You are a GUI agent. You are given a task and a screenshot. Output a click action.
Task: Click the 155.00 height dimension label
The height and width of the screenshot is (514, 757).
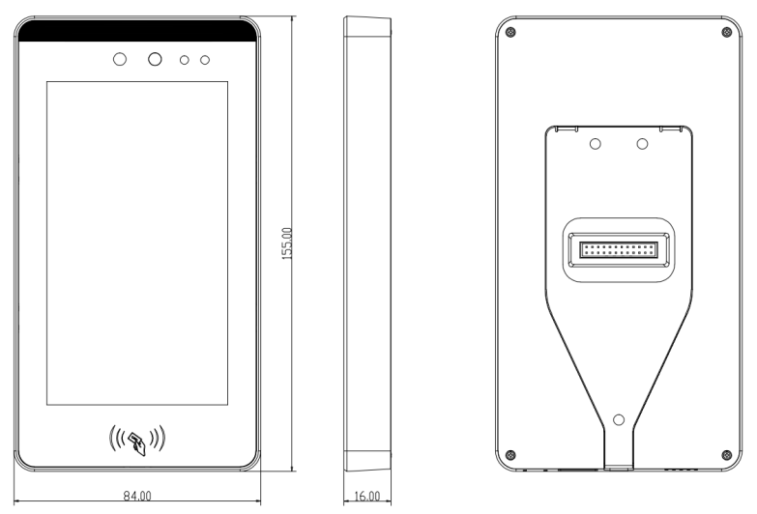[287, 243]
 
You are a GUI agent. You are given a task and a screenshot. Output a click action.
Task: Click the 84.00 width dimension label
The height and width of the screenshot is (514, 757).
[137, 496]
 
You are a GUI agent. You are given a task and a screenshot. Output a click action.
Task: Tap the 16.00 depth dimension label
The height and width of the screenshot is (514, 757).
[367, 496]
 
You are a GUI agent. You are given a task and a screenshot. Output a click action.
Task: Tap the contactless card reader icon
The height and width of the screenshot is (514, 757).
[137, 440]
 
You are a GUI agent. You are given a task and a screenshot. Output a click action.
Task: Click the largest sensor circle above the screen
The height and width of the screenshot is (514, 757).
[155, 59]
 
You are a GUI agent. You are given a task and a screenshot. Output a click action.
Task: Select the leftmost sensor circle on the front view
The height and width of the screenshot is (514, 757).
[120, 59]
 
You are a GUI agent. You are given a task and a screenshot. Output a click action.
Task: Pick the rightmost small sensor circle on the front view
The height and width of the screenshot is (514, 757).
[205, 60]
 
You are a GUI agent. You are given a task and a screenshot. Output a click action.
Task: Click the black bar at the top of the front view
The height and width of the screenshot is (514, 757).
[137, 30]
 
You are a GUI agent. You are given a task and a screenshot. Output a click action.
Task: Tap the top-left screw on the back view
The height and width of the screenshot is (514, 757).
[510, 32]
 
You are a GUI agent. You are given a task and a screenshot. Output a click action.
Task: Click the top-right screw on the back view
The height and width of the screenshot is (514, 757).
[727, 32]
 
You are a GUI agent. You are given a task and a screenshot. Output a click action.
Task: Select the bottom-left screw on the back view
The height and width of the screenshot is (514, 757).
[510, 455]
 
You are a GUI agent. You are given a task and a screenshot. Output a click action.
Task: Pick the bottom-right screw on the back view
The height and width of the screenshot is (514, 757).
[727, 455]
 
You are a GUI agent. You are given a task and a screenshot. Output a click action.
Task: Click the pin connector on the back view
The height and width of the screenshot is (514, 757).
[619, 250]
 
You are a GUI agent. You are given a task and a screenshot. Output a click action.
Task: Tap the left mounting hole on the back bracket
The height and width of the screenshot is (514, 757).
[596, 144]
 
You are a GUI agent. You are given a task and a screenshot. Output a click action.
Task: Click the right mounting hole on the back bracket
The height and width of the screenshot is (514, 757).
[642, 144]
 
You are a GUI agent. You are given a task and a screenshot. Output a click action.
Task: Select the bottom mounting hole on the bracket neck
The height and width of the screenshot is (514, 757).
[619, 420]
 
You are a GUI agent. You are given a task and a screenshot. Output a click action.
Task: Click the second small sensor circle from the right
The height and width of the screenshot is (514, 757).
[184, 60]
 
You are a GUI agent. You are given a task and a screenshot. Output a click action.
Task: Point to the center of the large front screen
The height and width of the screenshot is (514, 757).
[137, 243]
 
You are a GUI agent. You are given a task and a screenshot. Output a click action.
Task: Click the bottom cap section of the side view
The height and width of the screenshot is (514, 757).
[367, 461]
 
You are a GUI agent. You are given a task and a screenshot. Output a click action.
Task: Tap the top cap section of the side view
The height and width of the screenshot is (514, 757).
[367, 26]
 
